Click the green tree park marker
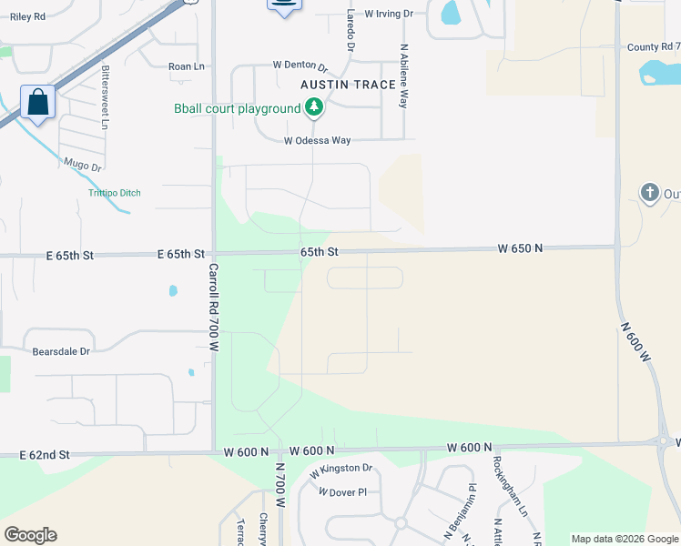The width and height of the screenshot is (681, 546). [x=314, y=108]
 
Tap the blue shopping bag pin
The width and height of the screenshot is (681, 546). [x=38, y=102]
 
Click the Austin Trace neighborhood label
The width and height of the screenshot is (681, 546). [x=349, y=85]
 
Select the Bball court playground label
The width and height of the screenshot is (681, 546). [x=237, y=109]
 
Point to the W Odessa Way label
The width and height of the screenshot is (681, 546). [x=317, y=141]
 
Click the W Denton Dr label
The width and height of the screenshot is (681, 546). [x=300, y=66]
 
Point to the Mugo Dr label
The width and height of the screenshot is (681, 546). [x=82, y=166]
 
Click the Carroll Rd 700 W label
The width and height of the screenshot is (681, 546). [x=215, y=308]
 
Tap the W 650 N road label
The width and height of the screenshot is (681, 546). [x=519, y=248]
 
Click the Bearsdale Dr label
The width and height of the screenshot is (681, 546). [x=62, y=351]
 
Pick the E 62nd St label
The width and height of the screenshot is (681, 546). [x=45, y=454]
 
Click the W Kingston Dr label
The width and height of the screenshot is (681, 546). [x=341, y=470]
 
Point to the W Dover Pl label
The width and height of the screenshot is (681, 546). [x=341, y=492]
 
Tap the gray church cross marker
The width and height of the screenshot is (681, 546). [x=649, y=192]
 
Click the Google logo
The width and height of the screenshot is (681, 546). [x=30, y=535]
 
